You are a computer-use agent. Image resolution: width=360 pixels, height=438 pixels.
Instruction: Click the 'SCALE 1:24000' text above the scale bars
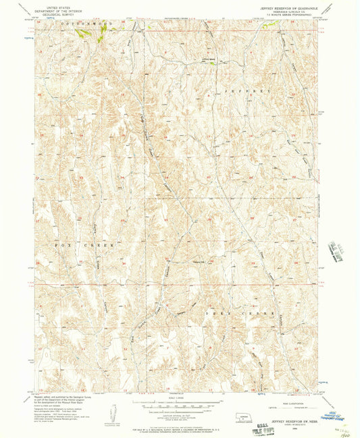tap(177, 398)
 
